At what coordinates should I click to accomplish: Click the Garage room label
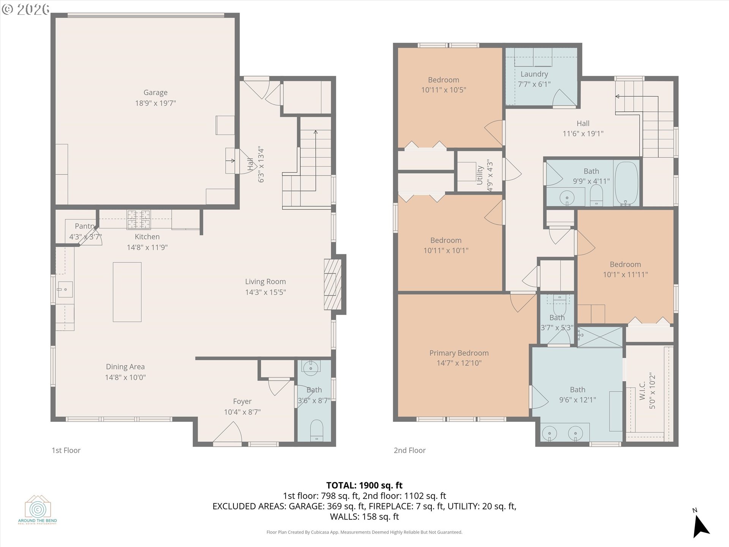click(155, 92)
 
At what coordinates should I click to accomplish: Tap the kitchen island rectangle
click(127, 292)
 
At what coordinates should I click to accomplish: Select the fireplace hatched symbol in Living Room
click(330, 284)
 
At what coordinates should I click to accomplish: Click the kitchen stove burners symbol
click(139, 220)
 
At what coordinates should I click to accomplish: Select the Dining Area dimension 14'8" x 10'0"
click(125, 377)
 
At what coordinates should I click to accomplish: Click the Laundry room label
click(534, 74)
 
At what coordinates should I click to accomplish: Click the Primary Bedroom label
click(459, 353)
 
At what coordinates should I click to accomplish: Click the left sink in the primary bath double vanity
click(549, 433)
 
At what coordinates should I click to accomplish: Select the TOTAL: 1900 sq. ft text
click(364, 485)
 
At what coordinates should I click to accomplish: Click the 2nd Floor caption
click(409, 450)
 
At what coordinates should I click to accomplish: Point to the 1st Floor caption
click(66, 450)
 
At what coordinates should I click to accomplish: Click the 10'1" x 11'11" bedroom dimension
click(625, 274)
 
